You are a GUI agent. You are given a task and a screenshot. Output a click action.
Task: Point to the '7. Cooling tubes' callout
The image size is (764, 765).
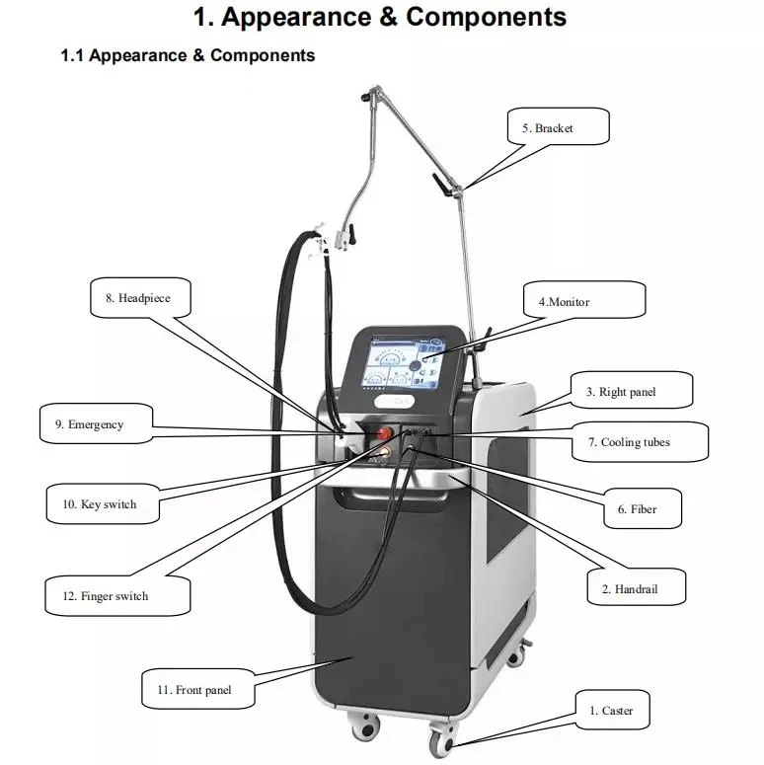[641, 442]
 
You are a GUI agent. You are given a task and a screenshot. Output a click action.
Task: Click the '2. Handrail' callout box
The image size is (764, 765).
[636, 589]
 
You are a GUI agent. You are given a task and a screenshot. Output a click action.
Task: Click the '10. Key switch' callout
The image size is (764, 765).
[106, 504]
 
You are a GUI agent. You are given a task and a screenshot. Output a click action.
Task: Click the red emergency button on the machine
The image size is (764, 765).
[381, 433]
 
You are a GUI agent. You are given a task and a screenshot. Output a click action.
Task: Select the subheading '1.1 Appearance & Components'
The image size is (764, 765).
[188, 55]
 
